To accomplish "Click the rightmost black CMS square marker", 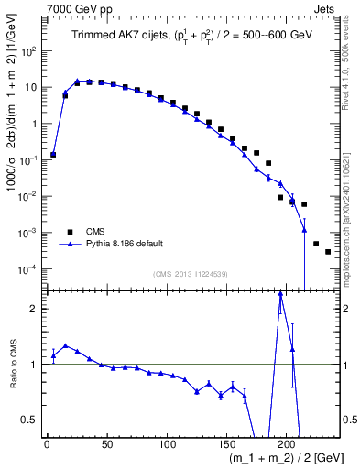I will coord(328,251).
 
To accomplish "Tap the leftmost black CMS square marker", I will coord(53,155).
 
